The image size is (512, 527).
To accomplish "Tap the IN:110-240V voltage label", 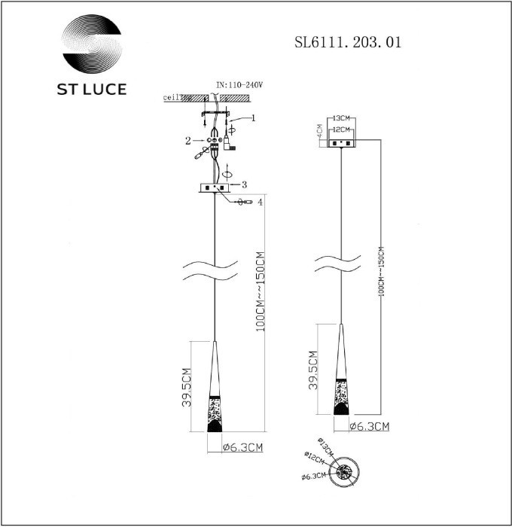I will pyautogui.click(x=239, y=87).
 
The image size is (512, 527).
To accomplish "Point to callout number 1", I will pyautogui.click(x=254, y=118).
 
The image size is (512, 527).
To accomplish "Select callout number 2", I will pyautogui.click(x=188, y=141).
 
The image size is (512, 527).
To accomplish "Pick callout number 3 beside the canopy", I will pyautogui.click(x=243, y=183).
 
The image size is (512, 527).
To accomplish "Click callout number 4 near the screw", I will pyautogui.click(x=260, y=202).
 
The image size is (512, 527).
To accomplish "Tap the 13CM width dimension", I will pyautogui.click(x=342, y=119).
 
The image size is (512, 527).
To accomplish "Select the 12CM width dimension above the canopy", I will pyautogui.click(x=342, y=129).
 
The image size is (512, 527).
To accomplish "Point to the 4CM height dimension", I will pyautogui.click(x=320, y=133).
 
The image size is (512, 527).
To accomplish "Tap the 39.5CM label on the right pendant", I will pyautogui.click(x=312, y=369).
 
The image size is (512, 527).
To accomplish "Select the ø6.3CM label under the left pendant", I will pyautogui.click(x=243, y=448).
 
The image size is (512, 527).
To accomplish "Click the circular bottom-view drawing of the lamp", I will pyautogui.click(x=346, y=473).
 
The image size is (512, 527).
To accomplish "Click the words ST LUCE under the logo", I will pyautogui.click(x=92, y=89).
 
